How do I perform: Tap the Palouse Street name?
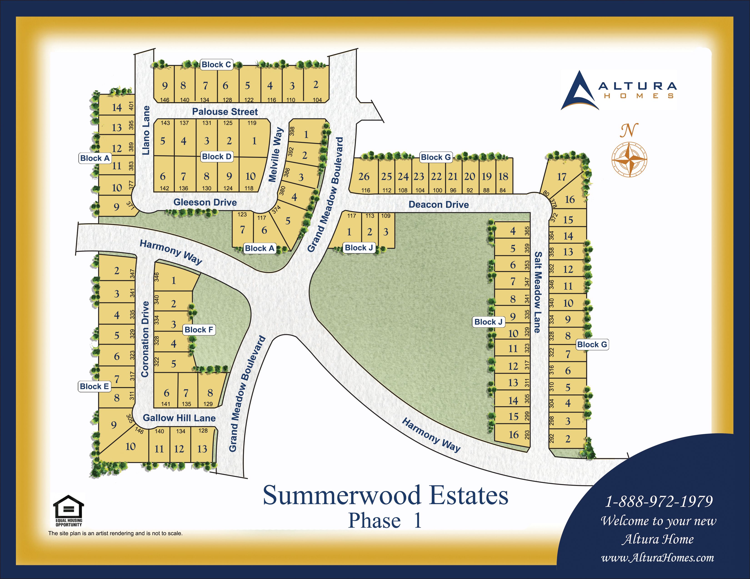[x=225, y=112]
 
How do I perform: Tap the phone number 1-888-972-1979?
[x=659, y=502]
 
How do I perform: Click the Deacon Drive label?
[x=439, y=205]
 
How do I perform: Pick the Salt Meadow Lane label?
[x=537, y=292]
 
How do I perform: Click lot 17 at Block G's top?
[x=561, y=177]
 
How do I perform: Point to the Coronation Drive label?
[x=145, y=339]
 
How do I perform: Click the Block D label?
[x=217, y=157]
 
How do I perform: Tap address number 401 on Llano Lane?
[x=131, y=106]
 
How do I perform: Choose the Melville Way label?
[x=276, y=155]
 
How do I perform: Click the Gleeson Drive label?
[x=205, y=202]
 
